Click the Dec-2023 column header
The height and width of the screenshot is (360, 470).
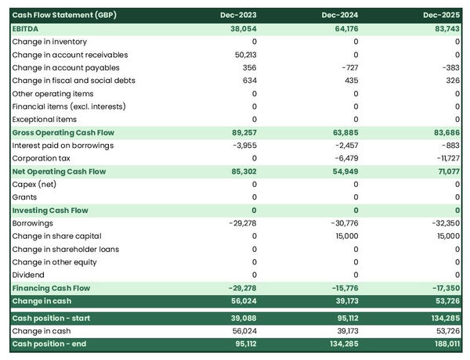240,15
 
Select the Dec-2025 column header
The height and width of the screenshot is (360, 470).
442,15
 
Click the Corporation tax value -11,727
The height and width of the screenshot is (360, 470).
444,158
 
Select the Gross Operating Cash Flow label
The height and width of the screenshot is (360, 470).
63,132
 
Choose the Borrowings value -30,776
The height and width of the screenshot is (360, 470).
341,223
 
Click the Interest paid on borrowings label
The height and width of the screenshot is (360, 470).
63,146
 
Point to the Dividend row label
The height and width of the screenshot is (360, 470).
28,275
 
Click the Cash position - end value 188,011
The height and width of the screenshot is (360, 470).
443,344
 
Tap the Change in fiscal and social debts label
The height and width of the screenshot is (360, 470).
74,81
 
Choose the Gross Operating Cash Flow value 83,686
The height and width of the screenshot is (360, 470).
444,132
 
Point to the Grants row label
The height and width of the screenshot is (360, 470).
26,197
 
